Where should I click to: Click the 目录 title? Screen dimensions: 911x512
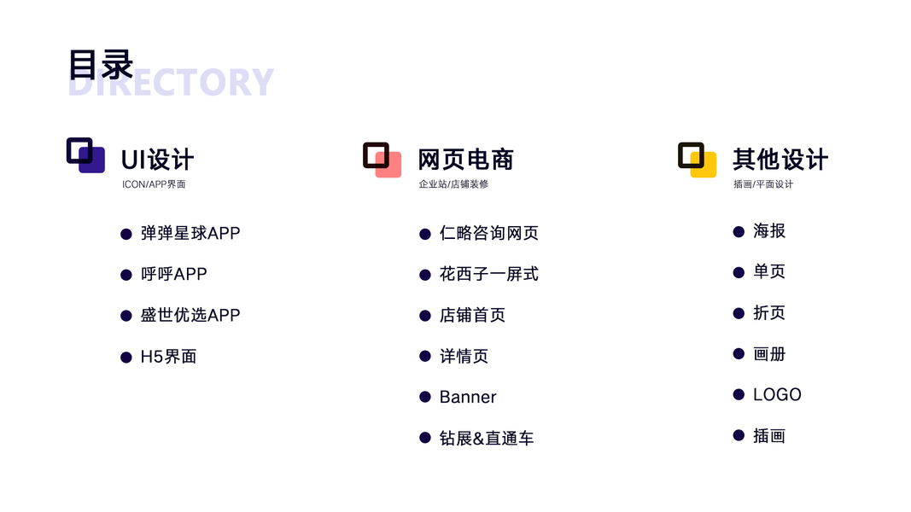101,65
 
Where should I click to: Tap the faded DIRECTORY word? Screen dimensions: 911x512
171,82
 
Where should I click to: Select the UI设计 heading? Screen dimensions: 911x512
157,160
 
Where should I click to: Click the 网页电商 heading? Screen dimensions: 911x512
465,160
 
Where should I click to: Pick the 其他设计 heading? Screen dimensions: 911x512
780,160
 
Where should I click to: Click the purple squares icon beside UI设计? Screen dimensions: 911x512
85,155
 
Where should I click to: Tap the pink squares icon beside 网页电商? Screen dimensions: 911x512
383,160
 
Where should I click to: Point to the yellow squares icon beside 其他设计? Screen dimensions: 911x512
698,160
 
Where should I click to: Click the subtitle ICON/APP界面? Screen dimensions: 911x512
154,184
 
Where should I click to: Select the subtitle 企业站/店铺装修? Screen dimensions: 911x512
453,184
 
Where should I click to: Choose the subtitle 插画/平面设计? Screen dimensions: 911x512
762,184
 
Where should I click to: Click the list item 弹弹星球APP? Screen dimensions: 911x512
190,233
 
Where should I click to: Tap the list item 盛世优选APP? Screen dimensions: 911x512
190,315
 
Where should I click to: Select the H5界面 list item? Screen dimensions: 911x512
168,357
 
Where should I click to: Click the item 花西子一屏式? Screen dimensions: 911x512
488,274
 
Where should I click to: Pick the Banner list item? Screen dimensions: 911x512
468,397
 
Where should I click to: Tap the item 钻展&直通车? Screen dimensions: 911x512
487,439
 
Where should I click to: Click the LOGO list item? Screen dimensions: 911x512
777,395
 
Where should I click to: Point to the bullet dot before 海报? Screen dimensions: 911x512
739,231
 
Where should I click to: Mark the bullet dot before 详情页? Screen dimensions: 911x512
425,357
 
